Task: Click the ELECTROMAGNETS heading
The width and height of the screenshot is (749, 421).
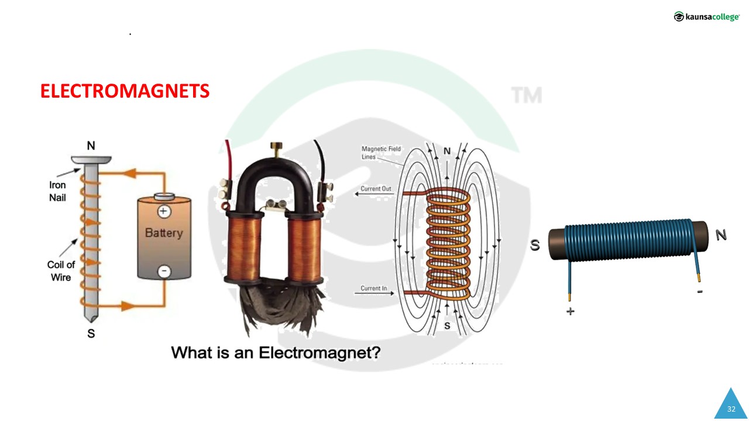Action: (125, 91)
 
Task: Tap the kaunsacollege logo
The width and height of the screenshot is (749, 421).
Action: (706, 17)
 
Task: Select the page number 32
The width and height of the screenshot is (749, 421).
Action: (731, 409)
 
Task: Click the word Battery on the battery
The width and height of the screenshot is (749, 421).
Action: (164, 233)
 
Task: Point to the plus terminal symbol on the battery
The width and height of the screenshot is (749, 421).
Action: (164, 212)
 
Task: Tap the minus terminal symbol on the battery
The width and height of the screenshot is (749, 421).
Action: (164, 271)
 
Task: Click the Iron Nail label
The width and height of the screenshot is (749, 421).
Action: (57, 191)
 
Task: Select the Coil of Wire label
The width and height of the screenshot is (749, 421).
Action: (61, 271)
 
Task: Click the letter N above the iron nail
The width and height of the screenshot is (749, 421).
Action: (91, 146)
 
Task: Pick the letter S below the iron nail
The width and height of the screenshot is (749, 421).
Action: (91, 334)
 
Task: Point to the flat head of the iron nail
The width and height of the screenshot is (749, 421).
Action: (91, 159)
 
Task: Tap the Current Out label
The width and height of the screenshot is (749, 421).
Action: (376, 189)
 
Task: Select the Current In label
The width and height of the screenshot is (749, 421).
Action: (374, 288)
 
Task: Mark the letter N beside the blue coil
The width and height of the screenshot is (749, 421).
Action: (721, 235)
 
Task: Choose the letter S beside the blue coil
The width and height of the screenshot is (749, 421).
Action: (535, 246)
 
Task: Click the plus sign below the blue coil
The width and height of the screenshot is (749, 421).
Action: (571, 312)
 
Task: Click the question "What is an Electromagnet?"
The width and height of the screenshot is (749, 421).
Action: (276, 353)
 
